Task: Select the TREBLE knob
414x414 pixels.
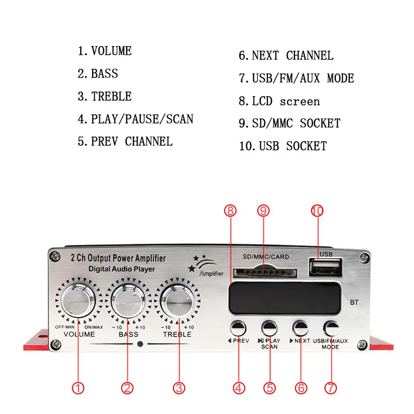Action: click(177, 299)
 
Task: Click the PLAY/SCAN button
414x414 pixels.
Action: click(269, 328)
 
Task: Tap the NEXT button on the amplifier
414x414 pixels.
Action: click(301, 328)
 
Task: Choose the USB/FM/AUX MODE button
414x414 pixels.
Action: click(331, 328)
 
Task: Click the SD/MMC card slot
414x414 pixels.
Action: click(264, 272)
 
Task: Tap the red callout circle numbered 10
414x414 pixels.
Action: click(317, 211)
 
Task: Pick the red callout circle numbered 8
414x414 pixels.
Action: click(230, 211)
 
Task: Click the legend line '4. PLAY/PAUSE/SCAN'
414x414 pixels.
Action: click(136, 119)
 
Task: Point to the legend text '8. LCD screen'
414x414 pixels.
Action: click(279, 101)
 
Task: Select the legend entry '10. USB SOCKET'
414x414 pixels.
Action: click(283, 146)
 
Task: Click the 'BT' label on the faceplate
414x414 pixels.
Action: click(354, 302)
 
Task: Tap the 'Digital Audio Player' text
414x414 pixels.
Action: click(121, 269)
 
